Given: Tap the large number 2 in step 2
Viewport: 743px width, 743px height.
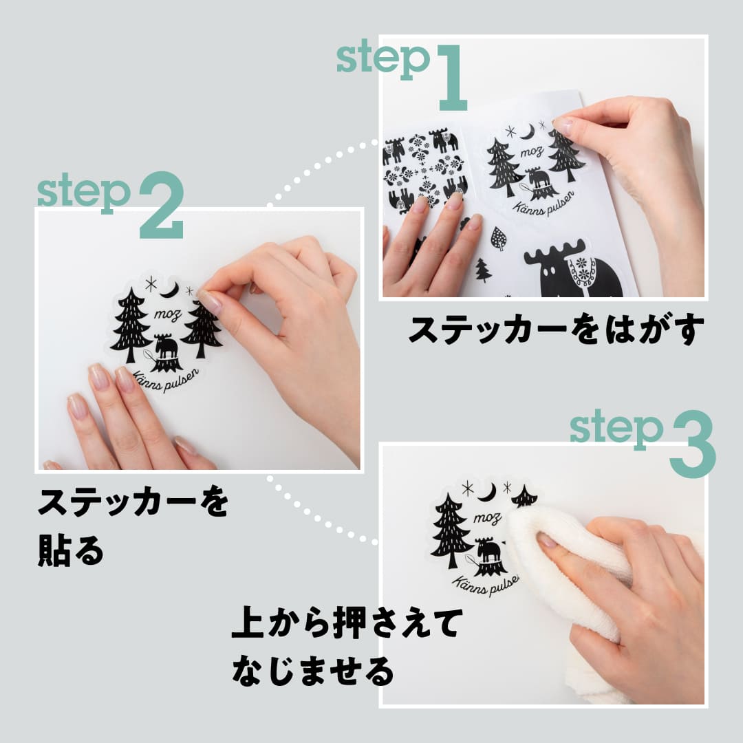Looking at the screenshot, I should [x=162, y=205].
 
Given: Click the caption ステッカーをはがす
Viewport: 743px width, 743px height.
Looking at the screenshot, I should [x=557, y=330].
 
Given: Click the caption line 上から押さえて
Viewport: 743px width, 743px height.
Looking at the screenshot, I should [x=344, y=625].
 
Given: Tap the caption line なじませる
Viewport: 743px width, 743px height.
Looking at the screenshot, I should [x=313, y=670].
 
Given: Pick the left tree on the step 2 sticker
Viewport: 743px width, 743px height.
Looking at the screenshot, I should [x=130, y=323].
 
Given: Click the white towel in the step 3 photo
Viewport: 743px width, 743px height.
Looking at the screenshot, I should [x=571, y=571].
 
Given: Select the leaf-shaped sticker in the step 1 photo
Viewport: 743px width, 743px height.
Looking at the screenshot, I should [x=499, y=239].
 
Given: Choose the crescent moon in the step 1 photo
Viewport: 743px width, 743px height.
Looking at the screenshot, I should [x=528, y=131].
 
